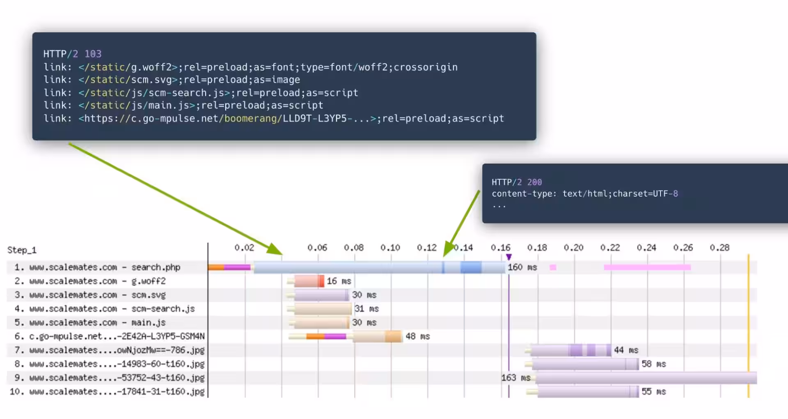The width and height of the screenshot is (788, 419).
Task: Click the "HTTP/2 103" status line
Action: pos(72,54)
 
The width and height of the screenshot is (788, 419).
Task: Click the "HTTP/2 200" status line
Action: pos(517,182)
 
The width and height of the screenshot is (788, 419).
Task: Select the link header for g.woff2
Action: pos(250,67)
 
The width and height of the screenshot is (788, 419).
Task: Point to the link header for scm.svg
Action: pos(172,80)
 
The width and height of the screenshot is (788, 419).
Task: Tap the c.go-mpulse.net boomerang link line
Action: pos(273,118)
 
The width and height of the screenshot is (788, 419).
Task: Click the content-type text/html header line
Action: pos(584,193)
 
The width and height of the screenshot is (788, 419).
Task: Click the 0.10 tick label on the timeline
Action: pos(390,248)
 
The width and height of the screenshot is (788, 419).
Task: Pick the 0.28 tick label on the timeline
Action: pos(719,248)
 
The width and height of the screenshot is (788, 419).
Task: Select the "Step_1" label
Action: pos(22,250)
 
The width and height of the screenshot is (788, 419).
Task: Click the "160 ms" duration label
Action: pos(522,267)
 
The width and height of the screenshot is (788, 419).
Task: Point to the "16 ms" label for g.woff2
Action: pos(339,281)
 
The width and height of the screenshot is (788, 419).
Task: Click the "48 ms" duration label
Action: pos(417,336)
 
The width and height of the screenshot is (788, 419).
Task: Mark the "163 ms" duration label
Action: pos(515,378)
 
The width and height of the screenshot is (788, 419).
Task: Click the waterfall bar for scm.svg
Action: pos(321,295)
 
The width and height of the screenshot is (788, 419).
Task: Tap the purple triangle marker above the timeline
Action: pos(509,257)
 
